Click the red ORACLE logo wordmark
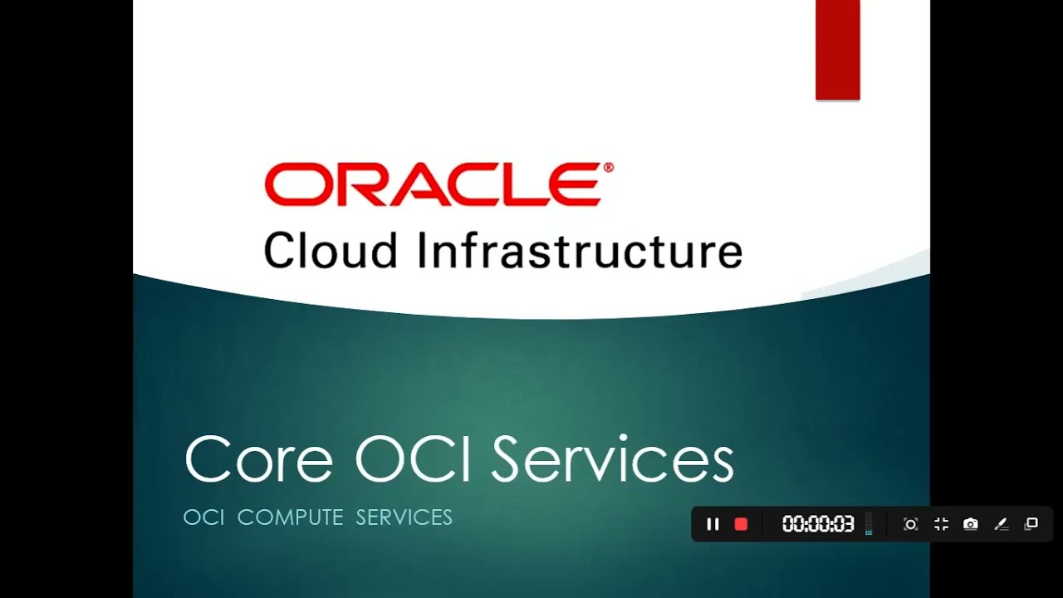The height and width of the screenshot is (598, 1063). tap(433, 184)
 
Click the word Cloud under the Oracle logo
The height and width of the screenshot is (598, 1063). tap(331, 251)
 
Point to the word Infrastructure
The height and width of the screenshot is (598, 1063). tap(579, 251)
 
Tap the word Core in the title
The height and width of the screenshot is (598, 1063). tap(258, 459)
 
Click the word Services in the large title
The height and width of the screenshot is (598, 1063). tap(612, 459)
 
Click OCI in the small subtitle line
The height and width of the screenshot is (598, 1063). tap(203, 517)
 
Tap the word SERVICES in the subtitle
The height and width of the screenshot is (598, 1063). tap(404, 517)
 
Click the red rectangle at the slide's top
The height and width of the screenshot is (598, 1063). tap(837, 50)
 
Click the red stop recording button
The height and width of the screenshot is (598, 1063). tap(742, 524)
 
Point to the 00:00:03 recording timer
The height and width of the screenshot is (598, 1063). tap(818, 524)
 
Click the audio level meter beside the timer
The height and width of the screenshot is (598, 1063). tap(869, 524)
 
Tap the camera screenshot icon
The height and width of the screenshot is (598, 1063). tap(970, 524)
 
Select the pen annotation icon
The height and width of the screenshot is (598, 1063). tap(1001, 524)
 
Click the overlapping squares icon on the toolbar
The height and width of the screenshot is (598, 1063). tap(1031, 524)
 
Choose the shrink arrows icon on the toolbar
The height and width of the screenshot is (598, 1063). tap(941, 524)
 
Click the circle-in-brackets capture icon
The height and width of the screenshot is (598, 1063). tap(910, 524)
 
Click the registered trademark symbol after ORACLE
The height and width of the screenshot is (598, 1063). tap(609, 168)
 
